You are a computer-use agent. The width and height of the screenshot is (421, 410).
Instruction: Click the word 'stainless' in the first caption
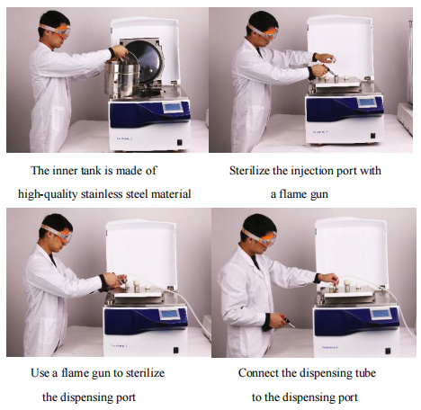coord(102,194)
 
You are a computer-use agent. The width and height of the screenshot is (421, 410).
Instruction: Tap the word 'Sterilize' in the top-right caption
coord(249,171)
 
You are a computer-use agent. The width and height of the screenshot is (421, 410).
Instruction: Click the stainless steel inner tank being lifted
coord(122,78)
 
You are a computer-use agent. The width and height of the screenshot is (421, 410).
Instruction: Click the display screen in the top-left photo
coord(173,107)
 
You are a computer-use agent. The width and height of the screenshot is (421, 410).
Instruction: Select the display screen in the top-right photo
coord(367,102)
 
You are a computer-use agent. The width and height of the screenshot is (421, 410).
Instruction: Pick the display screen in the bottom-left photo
coord(170,315)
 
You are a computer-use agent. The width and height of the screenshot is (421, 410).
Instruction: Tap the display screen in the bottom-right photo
coord(381,315)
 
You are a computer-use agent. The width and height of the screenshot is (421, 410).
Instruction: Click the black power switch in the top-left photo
coord(180,143)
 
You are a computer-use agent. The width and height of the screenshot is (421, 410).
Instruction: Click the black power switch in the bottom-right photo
coord(388,351)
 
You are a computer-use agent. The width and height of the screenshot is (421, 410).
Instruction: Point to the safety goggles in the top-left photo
coord(57,30)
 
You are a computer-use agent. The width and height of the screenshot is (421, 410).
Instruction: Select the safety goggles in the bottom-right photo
coord(261,237)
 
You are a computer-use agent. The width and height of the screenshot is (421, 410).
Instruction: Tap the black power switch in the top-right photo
coord(372,136)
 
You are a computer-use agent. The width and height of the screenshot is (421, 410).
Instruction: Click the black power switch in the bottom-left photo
coord(176,350)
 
